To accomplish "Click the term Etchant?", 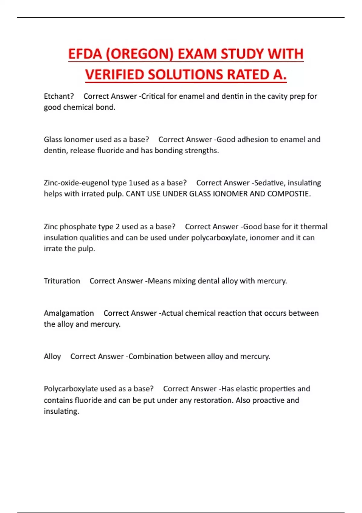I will (x=59, y=96).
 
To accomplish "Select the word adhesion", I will (x=253, y=139).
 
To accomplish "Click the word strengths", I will (x=202, y=151).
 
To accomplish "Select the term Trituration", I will (x=62, y=281).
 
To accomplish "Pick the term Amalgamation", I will (x=69, y=313).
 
